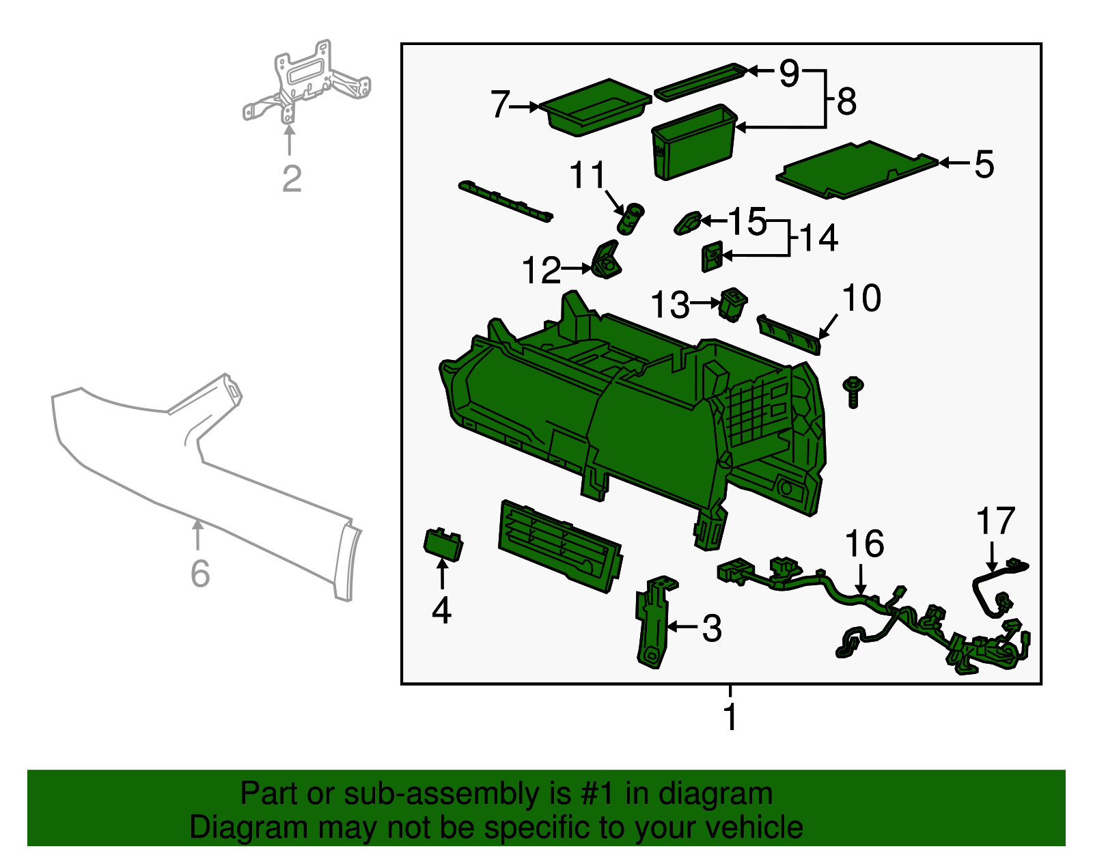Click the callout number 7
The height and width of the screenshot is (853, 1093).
pos(500,104)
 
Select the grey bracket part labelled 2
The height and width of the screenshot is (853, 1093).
pos(305,83)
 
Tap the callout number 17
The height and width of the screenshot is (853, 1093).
pos(995,522)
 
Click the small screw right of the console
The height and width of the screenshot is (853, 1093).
pos(853,391)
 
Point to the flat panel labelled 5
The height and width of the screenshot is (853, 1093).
pos(857,169)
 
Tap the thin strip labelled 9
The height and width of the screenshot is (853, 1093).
pos(698,81)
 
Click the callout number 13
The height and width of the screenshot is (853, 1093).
pos(669,305)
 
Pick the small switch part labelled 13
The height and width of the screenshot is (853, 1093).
pos(732,304)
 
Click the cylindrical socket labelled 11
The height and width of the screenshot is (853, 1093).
pos(630,219)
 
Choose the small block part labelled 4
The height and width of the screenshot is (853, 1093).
pos(443,544)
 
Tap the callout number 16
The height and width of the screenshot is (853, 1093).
pos(864,544)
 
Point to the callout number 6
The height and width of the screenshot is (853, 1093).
pos(199,573)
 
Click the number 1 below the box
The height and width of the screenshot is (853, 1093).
pos(730,717)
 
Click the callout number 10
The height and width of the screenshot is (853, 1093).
pos(861,298)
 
